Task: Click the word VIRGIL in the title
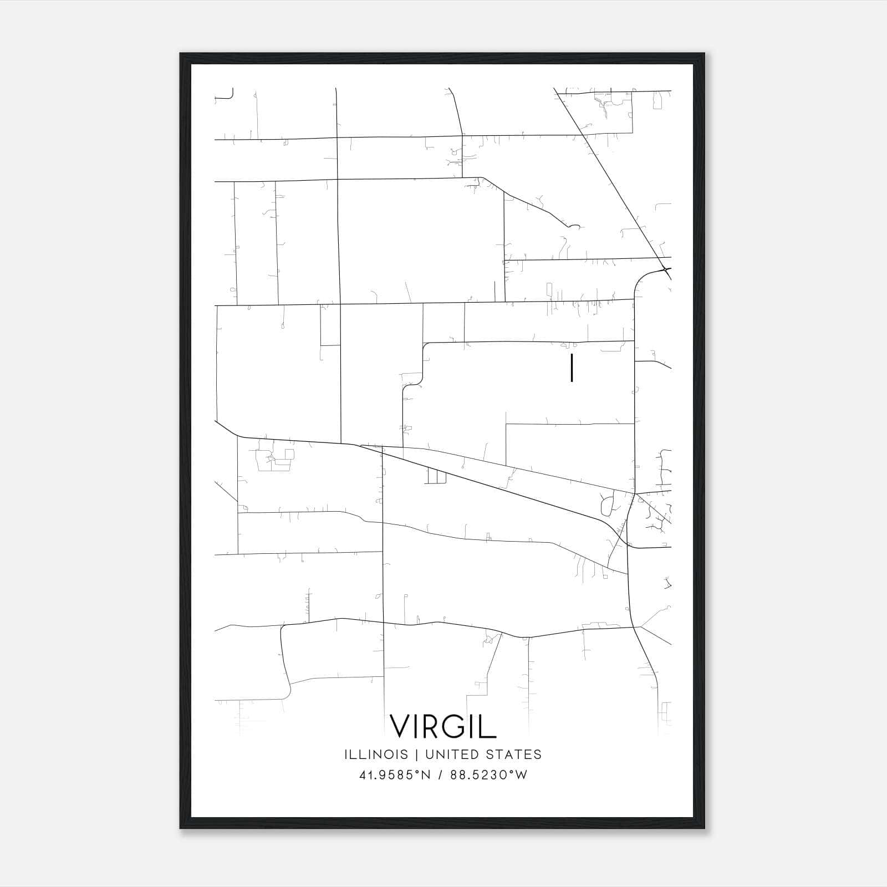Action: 443,726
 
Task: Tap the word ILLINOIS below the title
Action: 376,755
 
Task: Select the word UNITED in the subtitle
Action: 454,755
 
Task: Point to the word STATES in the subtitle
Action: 513,755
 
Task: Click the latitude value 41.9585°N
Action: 395,775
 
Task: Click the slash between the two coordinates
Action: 441,775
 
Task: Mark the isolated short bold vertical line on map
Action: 572,369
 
